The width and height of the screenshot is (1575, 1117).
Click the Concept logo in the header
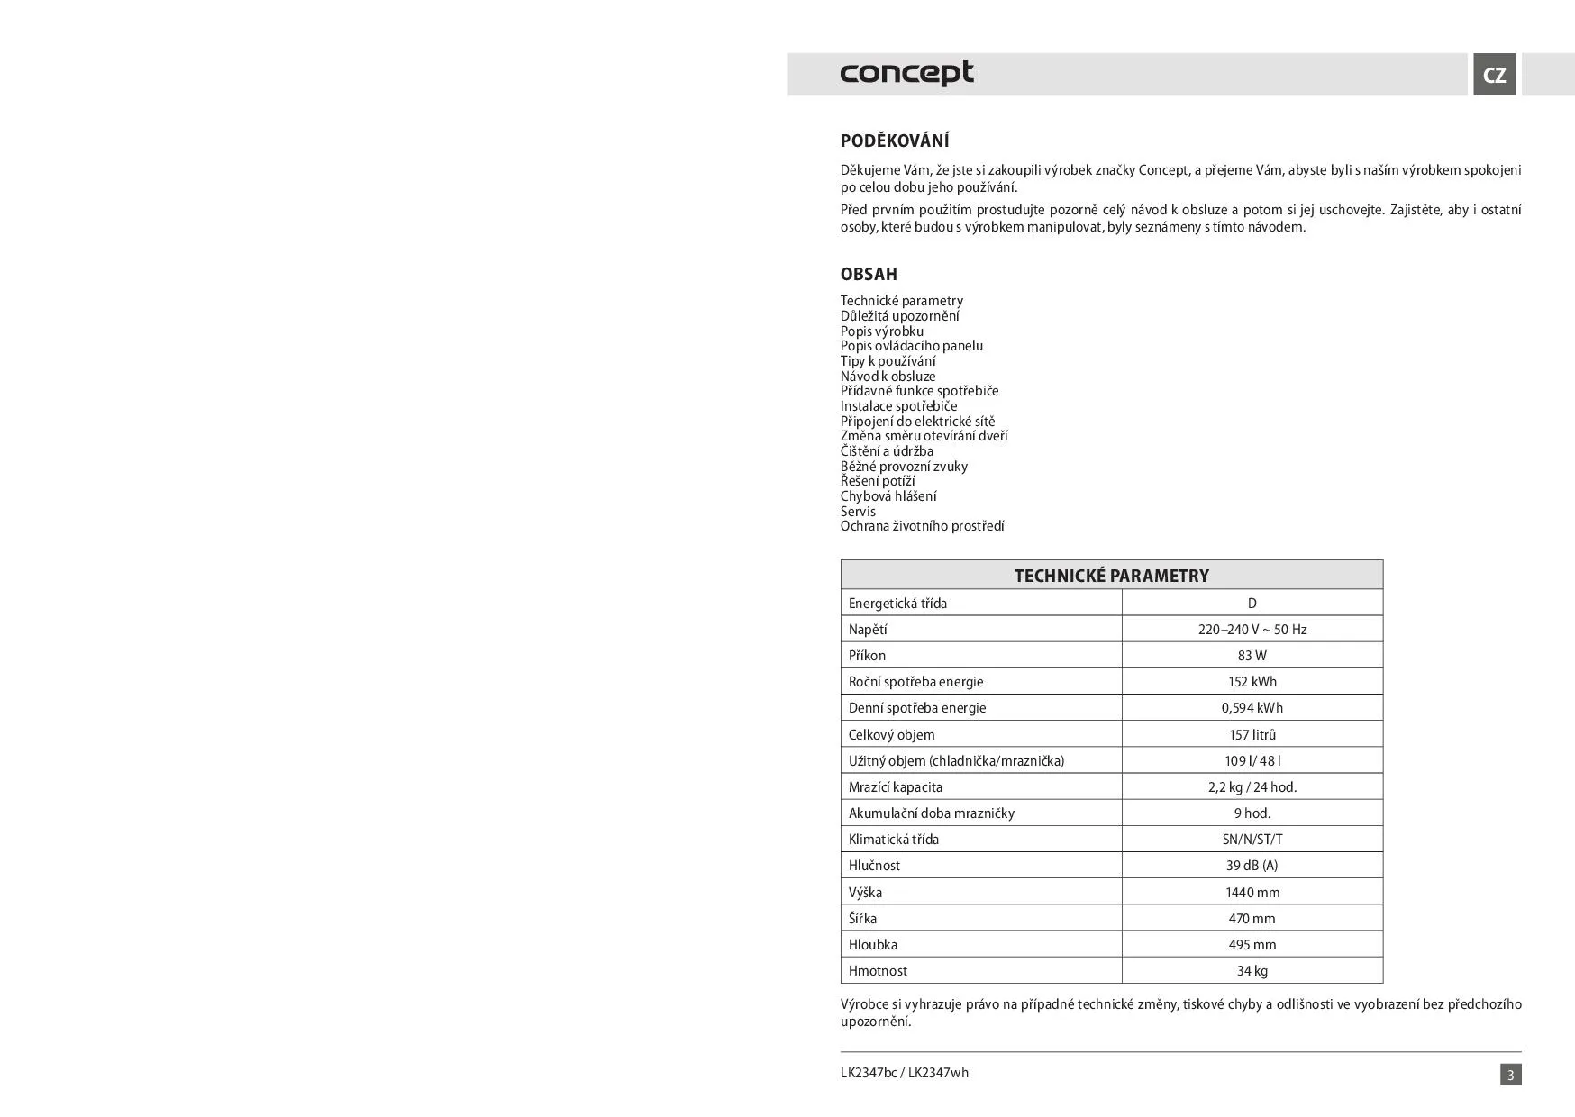pyautogui.click(x=906, y=73)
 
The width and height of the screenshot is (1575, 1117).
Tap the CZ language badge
pyautogui.click(x=1494, y=75)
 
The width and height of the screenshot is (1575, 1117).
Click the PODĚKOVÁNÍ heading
pyautogui.click(x=895, y=141)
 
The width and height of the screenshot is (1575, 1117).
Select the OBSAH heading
pyautogui.click(x=869, y=274)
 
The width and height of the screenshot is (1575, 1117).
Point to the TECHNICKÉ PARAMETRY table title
pyautogui.click(x=1111, y=576)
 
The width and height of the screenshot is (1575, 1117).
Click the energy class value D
pyautogui.click(x=1252, y=604)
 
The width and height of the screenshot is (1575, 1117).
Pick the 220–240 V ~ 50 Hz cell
pyautogui.click(x=1252, y=630)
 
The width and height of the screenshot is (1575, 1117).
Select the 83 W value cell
pyautogui.click(x=1252, y=656)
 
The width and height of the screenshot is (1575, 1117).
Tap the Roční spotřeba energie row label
pyautogui.click(x=915, y=682)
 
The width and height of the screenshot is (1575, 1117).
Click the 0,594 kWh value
pyautogui.click(x=1252, y=708)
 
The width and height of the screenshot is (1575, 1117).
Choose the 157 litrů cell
pyautogui.click(x=1252, y=734)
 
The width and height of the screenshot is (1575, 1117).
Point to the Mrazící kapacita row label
pyautogui.click(x=895, y=786)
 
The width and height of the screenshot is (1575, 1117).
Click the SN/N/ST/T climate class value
pyautogui.click(x=1252, y=840)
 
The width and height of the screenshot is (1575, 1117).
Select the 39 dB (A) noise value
pyautogui.click(x=1252, y=866)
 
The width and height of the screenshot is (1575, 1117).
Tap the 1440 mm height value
pyautogui.click(x=1252, y=893)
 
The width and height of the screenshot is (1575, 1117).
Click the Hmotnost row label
pyautogui.click(x=878, y=971)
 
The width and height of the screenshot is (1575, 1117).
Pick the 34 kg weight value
pyautogui.click(x=1252, y=971)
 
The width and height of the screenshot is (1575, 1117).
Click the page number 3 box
pyautogui.click(x=1510, y=1075)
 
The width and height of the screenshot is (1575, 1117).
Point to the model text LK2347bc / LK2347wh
pyautogui.click(x=904, y=1073)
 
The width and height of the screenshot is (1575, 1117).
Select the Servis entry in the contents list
pyautogui.click(x=858, y=512)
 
